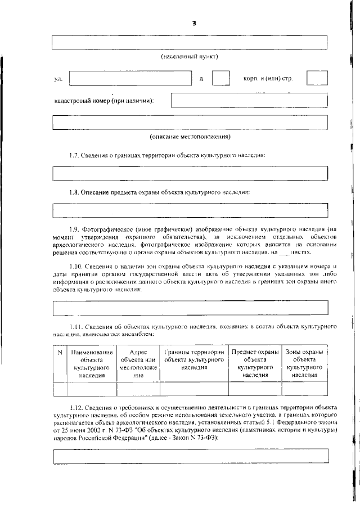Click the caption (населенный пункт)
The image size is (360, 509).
tap(188, 57)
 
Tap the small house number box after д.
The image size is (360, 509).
tap(220, 78)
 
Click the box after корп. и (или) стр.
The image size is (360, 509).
tap(317, 78)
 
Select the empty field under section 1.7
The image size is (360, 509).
tap(190, 173)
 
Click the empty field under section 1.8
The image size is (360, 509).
tap(190, 210)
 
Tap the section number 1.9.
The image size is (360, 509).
tap(76, 229)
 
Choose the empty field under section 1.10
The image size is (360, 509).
tap(190, 308)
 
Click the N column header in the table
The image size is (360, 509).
tap(60, 353)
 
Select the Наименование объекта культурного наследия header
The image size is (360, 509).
tap(92, 363)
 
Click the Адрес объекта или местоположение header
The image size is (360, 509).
tap(138, 363)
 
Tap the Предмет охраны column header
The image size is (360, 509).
tap(255, 363)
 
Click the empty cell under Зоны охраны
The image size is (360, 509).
tap(304, 389)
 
